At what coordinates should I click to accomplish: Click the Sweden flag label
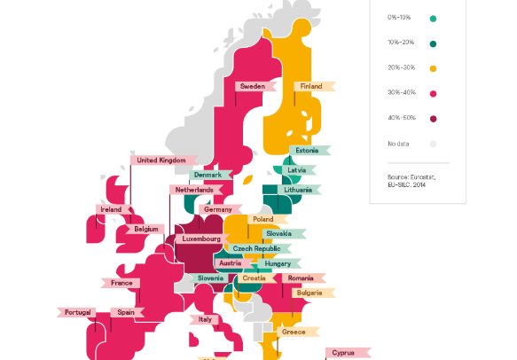253,86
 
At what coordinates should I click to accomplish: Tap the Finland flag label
311,86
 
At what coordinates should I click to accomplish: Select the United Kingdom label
161,160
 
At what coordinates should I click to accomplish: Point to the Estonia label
307,150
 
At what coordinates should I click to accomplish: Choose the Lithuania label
299,190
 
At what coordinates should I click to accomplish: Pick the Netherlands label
194,190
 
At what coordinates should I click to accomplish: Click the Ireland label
111,209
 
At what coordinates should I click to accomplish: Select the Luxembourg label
202,239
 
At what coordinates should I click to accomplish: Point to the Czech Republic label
256,249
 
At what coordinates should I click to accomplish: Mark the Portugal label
75,312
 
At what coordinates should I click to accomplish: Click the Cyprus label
343,352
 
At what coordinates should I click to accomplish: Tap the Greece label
294,332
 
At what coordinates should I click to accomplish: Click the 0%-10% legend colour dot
433,18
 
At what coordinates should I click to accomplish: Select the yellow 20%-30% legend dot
433,68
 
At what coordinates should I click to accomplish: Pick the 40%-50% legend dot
433,118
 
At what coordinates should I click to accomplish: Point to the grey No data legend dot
433,143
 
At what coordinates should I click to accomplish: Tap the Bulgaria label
309,293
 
